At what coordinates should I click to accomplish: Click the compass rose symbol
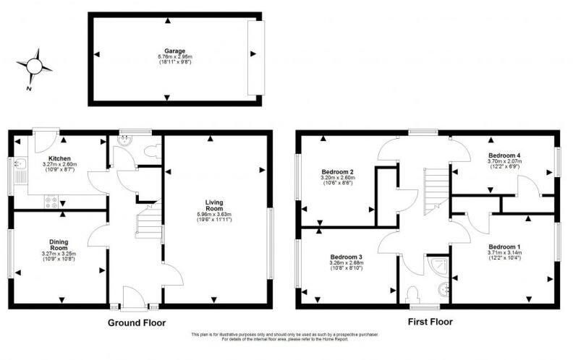[x=35, y=67]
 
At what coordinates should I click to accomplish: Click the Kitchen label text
[x=59, y=158]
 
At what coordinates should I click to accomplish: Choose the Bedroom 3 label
[x=345, y=257]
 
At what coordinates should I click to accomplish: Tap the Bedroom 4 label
[x=504, y=155]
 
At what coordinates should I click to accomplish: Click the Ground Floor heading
[x=137, y=322]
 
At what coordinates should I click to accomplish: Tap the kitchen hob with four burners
[x=51, y=202]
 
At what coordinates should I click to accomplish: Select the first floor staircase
[x=434, y=186]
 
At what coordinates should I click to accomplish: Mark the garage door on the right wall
[x=252, y=58]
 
